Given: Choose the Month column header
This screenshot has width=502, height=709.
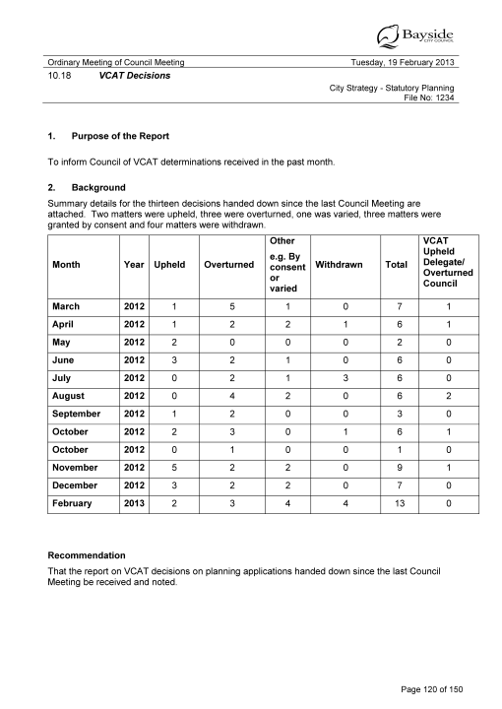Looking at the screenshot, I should tap(67, 264).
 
